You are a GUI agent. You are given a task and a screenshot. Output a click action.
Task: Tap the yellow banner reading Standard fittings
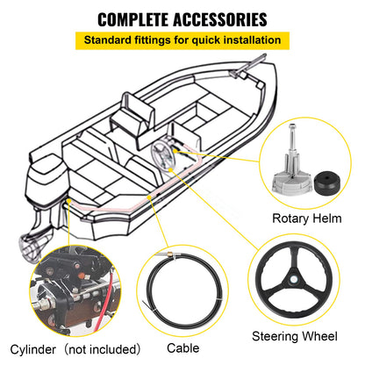click(x=182, y=40)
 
